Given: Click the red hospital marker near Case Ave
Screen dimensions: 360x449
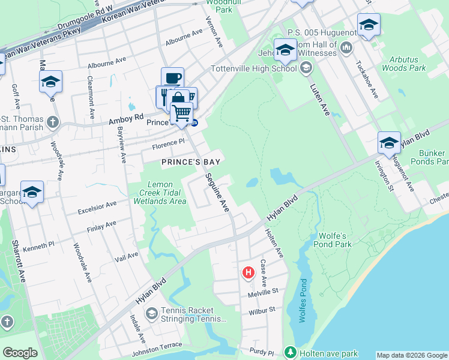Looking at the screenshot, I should [248, 274].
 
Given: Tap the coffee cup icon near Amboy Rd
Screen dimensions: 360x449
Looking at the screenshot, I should [172, 78].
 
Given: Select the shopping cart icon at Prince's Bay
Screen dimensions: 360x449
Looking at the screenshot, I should [181, 112].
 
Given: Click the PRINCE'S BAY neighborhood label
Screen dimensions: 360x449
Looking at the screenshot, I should [191, 162].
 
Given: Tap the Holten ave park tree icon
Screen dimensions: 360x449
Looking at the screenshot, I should [291, 351].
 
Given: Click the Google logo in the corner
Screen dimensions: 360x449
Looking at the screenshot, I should [20, 353].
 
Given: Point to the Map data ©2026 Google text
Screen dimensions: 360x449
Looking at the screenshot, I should [411, 355].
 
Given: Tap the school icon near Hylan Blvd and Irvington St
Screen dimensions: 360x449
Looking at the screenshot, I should [389, 143].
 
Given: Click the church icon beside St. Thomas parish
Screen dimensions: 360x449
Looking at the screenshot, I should [53, 122].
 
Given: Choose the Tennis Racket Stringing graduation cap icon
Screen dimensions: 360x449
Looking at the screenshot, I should [152, 313].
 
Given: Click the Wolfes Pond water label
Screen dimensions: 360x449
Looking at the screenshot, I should [303, 299].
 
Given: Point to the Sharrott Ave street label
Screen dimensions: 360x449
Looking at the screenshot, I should [17, 262].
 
